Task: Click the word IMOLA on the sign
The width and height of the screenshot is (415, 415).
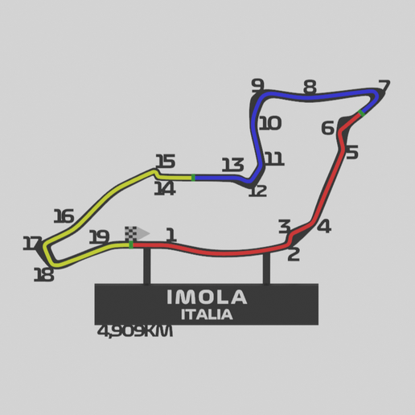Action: point(207,298)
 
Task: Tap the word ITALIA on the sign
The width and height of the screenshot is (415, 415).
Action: point(207,314)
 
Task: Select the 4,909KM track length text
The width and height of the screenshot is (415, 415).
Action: point(134,331)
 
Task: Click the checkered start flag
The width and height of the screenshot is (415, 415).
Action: point(132,233)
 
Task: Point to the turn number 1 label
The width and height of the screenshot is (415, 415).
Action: point(171,235)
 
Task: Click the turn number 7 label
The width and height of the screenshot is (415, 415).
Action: point(383,87)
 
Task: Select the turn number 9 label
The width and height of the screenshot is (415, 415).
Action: point(257,85)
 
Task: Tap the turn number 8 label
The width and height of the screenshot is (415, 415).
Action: point(310,87)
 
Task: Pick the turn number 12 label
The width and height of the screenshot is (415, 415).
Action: point(257,191)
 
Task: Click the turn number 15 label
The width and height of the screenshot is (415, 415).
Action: point(165,162)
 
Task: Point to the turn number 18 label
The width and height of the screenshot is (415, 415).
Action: point(43,275)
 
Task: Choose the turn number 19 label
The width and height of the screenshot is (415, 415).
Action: point(99,236)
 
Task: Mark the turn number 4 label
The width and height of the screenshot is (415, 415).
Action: point(323,226)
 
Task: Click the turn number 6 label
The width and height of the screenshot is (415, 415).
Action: point(327,128)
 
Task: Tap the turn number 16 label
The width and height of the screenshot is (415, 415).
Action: point(64,216)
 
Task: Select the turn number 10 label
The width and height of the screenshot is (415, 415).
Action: point(270,123)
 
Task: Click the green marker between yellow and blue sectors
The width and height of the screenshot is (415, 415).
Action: point(193,177)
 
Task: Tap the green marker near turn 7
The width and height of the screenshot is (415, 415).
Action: point(362,112)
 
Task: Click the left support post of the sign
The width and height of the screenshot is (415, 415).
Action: point(146,265)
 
